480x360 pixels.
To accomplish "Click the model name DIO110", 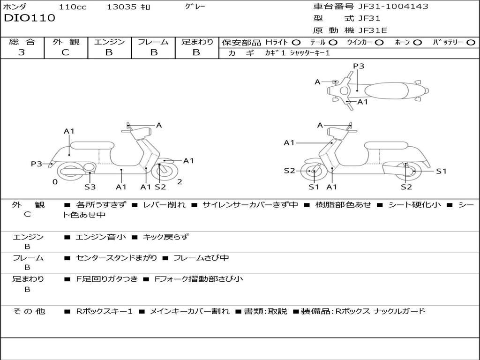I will click(30, 18).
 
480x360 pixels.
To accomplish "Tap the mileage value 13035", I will click(121, 7).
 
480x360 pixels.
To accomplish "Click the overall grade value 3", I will click(22, 52).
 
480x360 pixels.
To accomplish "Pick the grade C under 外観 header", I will click(66, 52).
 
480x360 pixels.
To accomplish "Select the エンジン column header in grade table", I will click(110, 42).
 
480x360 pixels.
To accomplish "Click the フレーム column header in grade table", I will click(153, 42).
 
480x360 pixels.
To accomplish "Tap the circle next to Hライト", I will click(296, 42).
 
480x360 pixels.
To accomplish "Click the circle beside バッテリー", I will click(471, 42).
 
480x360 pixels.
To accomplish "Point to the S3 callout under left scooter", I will click(90, 187).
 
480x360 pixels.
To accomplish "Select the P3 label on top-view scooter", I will click(359, 66).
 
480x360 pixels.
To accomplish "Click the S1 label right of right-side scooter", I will click(442, 171).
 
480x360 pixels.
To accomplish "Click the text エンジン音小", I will click(101, 237).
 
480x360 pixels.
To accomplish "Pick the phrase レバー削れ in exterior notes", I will click(164, 205).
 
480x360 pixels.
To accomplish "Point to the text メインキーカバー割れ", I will click(189, 311).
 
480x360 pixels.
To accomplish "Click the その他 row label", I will click(29, 311).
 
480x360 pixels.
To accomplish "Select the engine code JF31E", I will click(373, 30).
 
